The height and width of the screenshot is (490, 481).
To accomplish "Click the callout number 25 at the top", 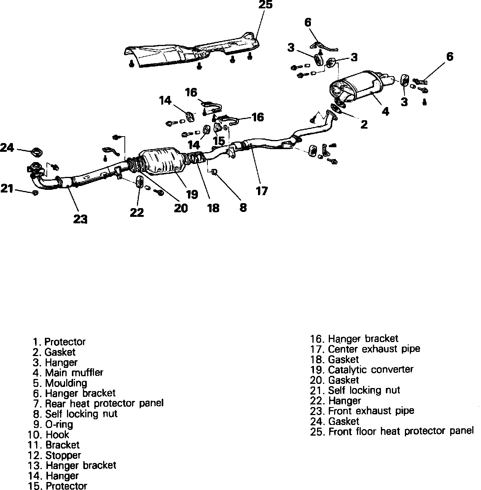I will coord(265,5).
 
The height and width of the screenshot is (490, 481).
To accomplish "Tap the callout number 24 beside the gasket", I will coord(7,147).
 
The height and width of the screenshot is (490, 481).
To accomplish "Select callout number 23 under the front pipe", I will coord(80,219).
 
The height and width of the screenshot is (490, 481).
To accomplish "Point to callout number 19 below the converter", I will coord(192,194).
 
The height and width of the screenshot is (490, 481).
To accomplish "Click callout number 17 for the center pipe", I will coord(262,191).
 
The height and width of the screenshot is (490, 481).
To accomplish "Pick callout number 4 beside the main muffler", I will coord(385,111).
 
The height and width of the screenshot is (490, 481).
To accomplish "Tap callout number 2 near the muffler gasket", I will coord(364,124).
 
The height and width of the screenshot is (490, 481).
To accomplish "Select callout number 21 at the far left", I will coord(7,188).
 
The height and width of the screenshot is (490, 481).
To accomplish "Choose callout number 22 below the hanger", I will coord(137,212).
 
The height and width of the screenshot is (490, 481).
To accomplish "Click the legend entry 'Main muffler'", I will coord(74,372).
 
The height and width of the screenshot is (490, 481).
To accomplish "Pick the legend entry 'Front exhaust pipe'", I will coord(371,411).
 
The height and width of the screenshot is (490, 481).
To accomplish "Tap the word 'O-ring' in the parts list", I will coord(59,424).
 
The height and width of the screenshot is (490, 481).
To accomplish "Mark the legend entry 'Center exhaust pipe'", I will coord(374,349).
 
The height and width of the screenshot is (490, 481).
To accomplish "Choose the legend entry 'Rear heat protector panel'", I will coord(104,403).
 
